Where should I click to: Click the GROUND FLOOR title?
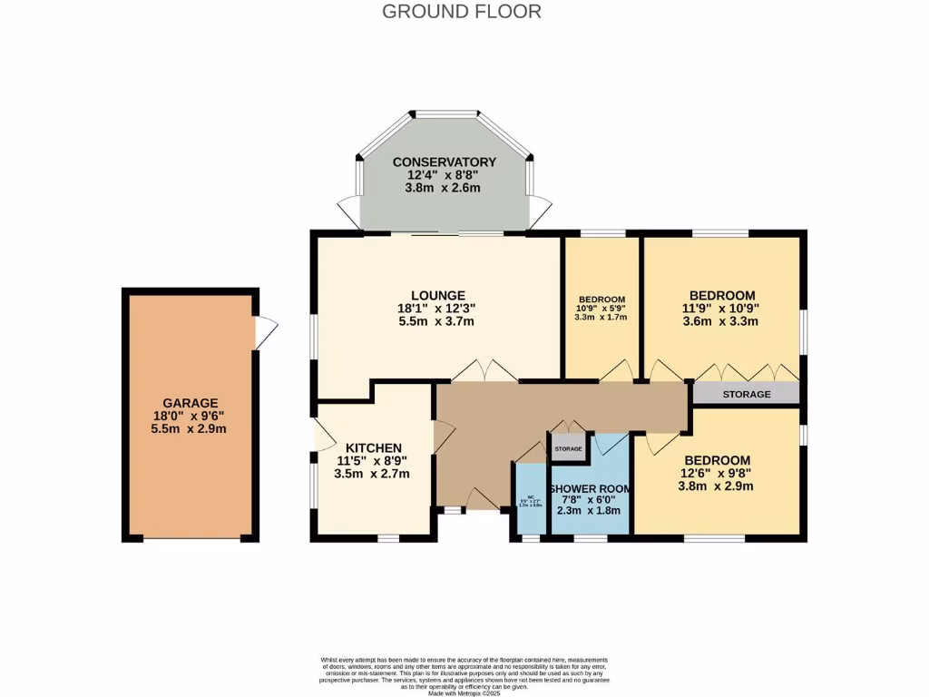pos(462,12)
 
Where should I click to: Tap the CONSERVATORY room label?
pos(444,162)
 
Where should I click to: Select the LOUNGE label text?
pos(438,296)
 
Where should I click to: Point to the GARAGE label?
pos(191,403)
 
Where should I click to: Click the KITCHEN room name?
pos(373,448)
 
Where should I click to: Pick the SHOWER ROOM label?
pos(591,489)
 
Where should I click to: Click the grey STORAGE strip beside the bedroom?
pos(747,394)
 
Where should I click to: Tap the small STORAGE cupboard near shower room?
pos(569,448)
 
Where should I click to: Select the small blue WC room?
pos(530,500)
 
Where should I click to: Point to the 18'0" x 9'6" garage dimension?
pos(191,416)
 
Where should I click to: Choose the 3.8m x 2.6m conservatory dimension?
pos(444,188)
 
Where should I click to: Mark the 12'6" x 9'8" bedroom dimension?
pos(717,473)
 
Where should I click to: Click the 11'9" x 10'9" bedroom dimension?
pos(722,308)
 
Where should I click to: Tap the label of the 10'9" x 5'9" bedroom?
pos(602,299)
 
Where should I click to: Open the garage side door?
pos(265,333)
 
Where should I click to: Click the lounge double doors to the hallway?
pos(485,371)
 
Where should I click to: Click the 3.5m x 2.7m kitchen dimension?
pos(373,474)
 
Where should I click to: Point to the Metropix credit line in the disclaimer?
pos(464,693)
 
